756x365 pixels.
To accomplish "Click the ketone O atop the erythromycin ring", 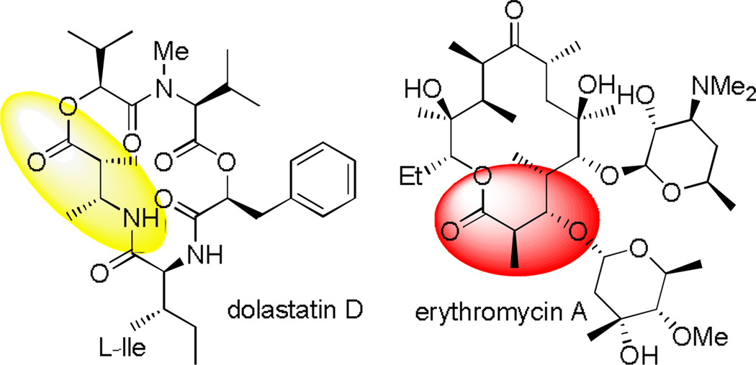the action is [x=513, y=12].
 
